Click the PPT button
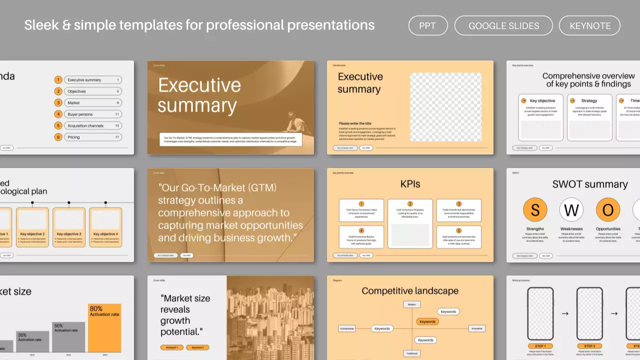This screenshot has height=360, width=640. click(427, 26)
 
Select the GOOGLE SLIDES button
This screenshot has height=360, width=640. click(503, 26)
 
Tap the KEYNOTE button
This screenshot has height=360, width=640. click(590, 26)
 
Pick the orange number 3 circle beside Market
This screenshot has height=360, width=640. click(58, 103)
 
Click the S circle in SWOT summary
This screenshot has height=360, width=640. click(535, 210)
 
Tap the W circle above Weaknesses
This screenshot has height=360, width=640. click(571, 210)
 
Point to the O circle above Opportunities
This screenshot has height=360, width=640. click(608, 210)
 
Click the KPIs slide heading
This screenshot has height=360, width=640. click(410, 184)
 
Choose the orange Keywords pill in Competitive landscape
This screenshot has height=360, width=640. click(427, 321)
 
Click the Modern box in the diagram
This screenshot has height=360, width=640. click(411, 304)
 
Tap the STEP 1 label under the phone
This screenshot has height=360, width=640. click(540, 346)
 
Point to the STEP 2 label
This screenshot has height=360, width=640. click(589, 346)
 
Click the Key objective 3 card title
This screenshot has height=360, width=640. click(69, 234)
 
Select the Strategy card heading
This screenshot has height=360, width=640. click(589, 100)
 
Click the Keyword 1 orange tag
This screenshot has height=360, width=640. click(172, 347)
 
